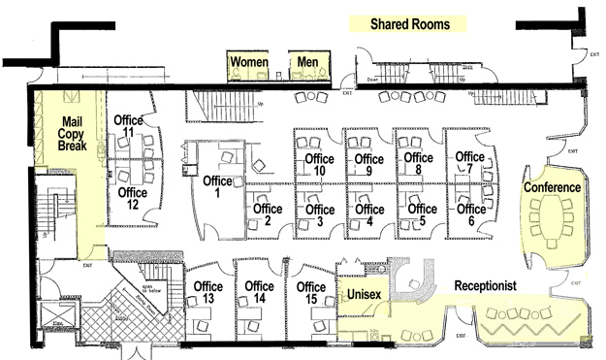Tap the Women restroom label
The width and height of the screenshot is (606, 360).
[x=248, y=62]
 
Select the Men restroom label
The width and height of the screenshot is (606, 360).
[x=308, y=62]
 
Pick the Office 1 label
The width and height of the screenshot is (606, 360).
[x=217, y=186]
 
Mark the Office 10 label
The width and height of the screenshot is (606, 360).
[x=319, y=165]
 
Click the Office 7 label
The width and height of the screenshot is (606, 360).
[x=469, y=163]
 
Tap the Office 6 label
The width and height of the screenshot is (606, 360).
[x=471, y=214]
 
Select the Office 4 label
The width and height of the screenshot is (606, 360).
[x=369, y=215]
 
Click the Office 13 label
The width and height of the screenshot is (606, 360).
[x=208, y=292]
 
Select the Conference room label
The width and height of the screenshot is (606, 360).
[x=552, y=187]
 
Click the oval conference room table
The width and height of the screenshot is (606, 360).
[x=554, y=222]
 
